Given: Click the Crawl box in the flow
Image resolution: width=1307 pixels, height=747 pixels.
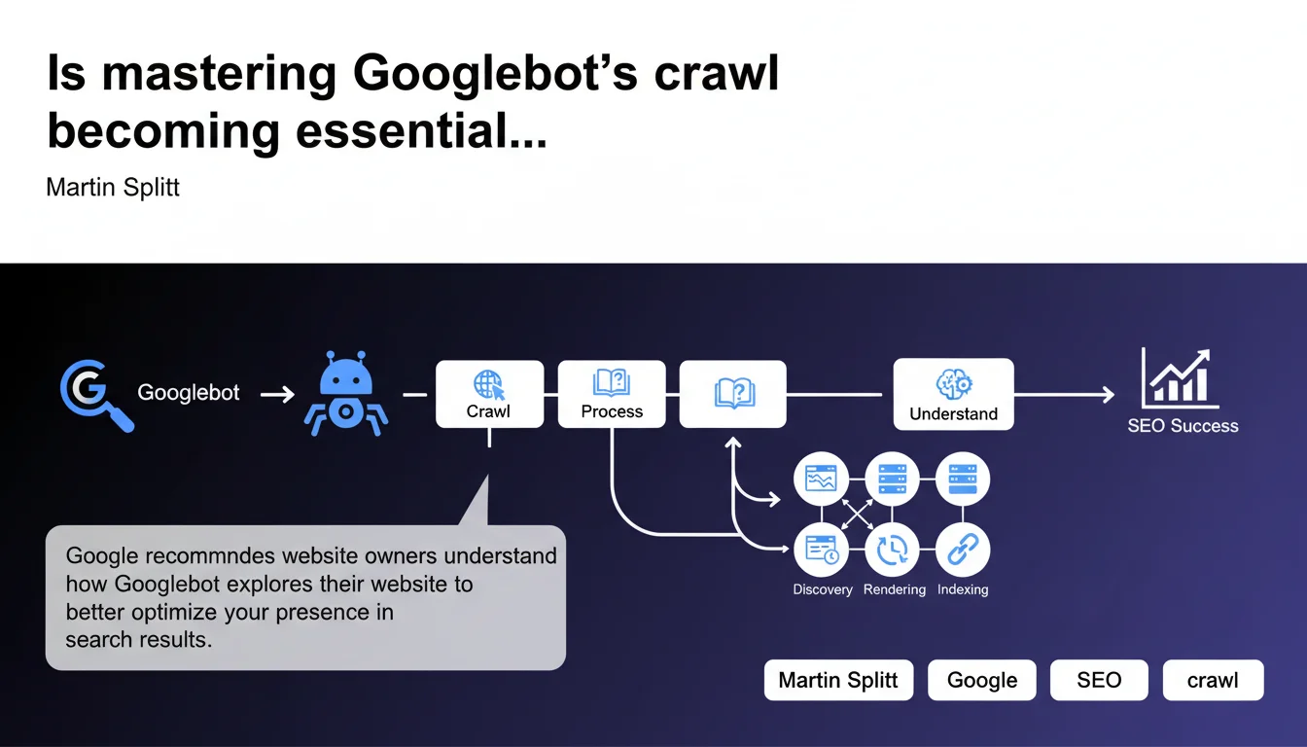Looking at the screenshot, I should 488,394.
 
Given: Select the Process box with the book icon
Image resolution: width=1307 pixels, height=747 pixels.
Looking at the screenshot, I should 612,394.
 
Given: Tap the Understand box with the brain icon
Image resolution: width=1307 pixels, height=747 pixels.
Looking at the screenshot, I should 953,394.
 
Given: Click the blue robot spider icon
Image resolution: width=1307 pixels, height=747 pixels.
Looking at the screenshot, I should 345,395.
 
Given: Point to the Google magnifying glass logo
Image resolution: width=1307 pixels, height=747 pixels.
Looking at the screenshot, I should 94,394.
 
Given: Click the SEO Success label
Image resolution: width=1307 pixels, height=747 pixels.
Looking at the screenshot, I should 1183,426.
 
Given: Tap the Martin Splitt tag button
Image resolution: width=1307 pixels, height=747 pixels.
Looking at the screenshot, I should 838,681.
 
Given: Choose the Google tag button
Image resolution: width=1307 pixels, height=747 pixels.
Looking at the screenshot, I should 982,681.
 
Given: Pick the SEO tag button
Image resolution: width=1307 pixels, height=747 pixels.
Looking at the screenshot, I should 1099,681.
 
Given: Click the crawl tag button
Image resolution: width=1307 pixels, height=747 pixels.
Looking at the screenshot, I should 1213,681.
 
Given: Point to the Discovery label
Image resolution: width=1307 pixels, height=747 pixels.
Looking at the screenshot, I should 823,589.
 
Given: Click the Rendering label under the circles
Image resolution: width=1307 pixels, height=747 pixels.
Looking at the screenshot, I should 893,589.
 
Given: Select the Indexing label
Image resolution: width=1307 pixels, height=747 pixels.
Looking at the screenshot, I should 963,589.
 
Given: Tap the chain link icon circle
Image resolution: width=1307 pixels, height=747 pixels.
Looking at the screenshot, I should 963,551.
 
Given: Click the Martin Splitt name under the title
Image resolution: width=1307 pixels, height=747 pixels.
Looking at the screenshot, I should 113,187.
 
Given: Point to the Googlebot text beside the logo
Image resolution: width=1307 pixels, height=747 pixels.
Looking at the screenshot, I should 189,394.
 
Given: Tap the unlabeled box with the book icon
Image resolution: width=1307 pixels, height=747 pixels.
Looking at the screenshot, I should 732,394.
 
